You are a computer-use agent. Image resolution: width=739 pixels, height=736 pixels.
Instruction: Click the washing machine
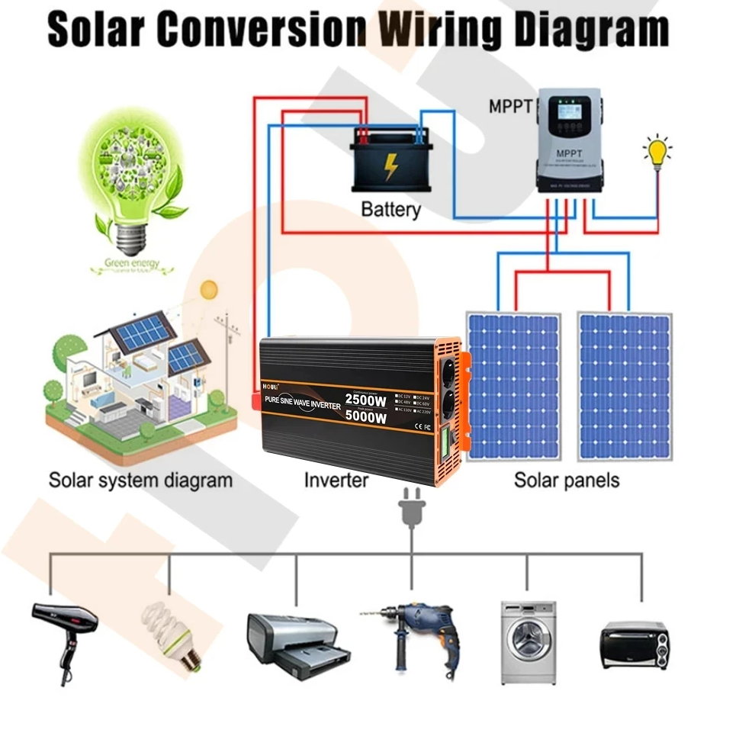pyautogui.click(x=528, y=641)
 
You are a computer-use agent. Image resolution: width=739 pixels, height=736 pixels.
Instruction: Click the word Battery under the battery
pyautogui.click(x=390, y=208)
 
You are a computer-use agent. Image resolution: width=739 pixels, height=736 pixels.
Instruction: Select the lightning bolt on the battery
pyautogui.click(x=390, y=166)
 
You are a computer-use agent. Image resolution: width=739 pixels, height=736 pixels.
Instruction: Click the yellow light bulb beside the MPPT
pyautogui.click(x=657, y=152)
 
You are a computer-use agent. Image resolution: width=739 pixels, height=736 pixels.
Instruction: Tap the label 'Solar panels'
pyautogui.click(x=567, y=480)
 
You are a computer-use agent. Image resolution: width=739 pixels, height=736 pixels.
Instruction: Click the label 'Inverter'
pyautogui.click(x=336, y=480)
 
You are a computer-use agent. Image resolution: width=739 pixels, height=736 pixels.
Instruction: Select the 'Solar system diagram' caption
pyautogui.click(x=140, y=480)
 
